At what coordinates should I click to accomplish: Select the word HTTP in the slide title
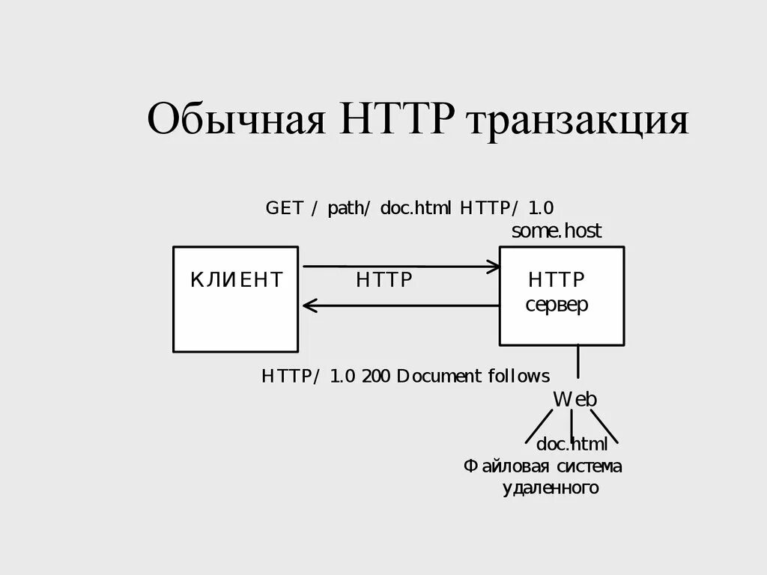(x=397, y=120)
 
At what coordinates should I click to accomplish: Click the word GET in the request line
(x=284, y=208)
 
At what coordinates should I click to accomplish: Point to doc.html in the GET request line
(x=416, y=208)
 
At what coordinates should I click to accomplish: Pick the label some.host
(x=556, y=231)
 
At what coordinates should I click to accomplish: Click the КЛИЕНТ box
(x=236, y=299)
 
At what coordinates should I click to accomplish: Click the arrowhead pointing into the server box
(x=494, y=267)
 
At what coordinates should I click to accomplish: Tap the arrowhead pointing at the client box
(x=309, y=305)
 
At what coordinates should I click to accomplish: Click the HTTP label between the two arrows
(x=384, y=281)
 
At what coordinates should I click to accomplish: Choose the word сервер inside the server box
(x=557, y=305)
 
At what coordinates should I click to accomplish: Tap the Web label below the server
(x=575, y=399)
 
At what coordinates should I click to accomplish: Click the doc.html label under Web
(x=572, y=445)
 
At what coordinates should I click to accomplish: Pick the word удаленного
(x=550, y=489)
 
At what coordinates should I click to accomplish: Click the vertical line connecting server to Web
(x=578, y=362)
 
